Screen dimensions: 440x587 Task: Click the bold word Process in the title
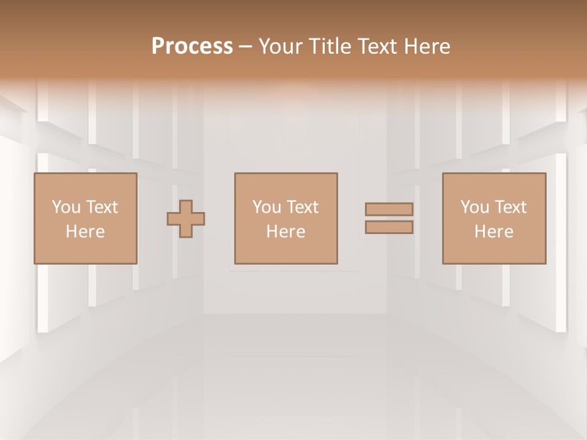pyautogui.click(x=192, y=46)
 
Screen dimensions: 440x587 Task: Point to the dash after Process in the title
pyautogui.click(x=246, y=47)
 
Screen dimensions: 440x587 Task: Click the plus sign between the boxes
pyautogui.click(x=186, y=219)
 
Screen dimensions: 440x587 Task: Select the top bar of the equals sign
pyautogui.click(x=389, y=209)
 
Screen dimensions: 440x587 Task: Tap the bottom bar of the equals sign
pyautogui.click(x=389, y=227)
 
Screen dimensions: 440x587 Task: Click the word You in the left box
pyautogui.click(x=65, y=207)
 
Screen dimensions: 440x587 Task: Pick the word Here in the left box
pyautogui.click(x=85, y=232)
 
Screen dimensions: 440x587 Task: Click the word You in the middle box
pyautogui.click(x=266, y=207)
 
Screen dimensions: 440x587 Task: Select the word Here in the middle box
pyautogui.click(x=286, y=232)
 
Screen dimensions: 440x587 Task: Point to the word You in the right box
pyautogui.click(x=474, y=207)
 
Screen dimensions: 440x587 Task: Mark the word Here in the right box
pyautogui.click(x=493, y=232)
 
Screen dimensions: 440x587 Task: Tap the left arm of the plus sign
pyautogui.click(x=173, y=219)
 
